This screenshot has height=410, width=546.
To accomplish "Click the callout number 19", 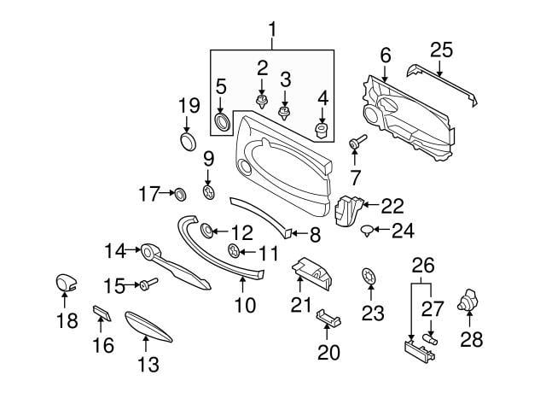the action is [x=189, y=105].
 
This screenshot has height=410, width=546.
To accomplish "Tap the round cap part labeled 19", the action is [x=188, y=141].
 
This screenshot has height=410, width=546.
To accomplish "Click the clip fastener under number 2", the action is [x=262, y=102].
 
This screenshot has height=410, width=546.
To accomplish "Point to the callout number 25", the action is [x=441, y=50].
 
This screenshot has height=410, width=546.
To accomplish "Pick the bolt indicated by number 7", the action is [x=357, y=142].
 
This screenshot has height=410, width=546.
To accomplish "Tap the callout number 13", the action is [x=148, y=365].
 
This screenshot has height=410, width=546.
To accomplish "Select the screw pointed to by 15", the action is [x=148, y=284].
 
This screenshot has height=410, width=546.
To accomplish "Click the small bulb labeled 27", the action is [x=430, y=339].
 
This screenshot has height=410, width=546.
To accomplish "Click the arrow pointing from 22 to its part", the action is [x=371, y=205].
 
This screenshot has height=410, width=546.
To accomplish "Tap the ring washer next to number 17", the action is [x=180, y=194].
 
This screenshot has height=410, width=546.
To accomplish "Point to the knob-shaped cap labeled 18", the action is [x=67, y=283].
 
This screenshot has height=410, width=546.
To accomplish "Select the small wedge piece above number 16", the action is [x=102, y=313].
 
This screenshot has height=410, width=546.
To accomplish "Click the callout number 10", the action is [x=245, y=306].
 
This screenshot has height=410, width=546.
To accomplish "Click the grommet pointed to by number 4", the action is [x=322, y=130].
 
